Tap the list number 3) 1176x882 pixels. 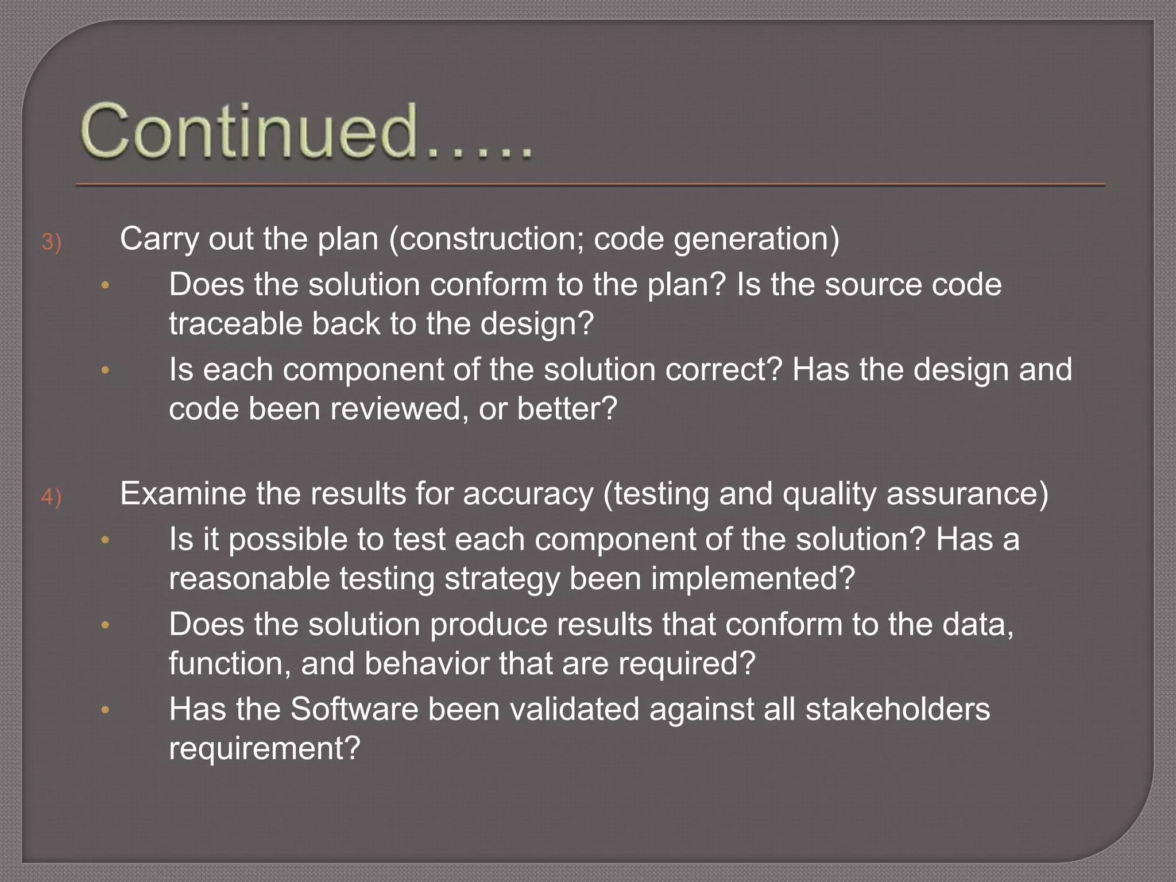pyautogui.click(x=51, y=242)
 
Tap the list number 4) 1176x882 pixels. pyautogui.click(x=51, y=497)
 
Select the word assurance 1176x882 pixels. pyautogui.click(x=966, y=494)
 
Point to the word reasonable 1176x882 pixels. pyautogui.click(x=249, y=578)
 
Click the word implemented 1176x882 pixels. pyautogui.click(x=753, y=578)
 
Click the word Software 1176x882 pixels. pyautogui.click(x=354, y=709)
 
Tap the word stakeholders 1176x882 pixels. pyautogui.click(x=898, y=709)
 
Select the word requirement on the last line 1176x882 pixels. pyautogui.click(x=264, y=748)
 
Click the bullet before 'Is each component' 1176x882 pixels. pyautogui.click(x=105, y=370)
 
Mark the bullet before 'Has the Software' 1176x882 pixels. pyautogui.click(x=105, y=710)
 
